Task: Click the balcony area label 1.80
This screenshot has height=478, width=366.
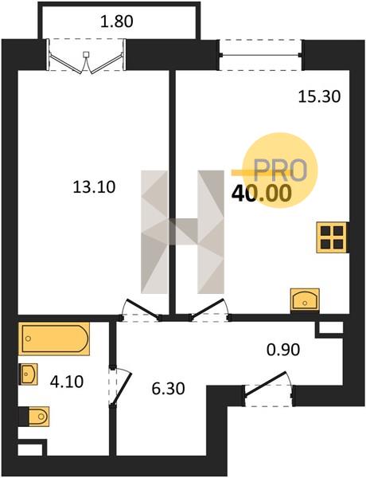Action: click(x=117, y=22)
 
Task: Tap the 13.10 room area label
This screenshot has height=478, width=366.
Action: click(x=95, y=187)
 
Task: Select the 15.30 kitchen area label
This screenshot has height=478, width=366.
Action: click(x=319, y=97)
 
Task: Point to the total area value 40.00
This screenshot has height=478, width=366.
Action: click(x=262, y=194)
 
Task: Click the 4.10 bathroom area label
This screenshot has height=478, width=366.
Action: click(x=67, y=382)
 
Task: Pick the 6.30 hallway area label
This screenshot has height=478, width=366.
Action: click(x=168, y=389)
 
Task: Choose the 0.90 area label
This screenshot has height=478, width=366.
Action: click(x=283, y=350)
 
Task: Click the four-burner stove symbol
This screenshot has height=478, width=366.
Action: click(x=332, y=237)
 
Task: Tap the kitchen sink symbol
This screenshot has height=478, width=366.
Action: click(x=305, y=300)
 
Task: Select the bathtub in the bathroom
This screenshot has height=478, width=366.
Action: click(x=54, y=339)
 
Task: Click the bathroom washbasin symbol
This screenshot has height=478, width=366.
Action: click(x=29, y=374)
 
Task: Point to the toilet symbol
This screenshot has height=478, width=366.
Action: click(x=34, y=416)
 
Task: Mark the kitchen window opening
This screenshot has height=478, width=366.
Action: click(x=261, y=55)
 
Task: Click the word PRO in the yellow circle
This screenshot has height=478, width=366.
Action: click(x=279, y=170)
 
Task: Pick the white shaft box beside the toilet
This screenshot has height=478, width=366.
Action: click(x=30, y=449)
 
